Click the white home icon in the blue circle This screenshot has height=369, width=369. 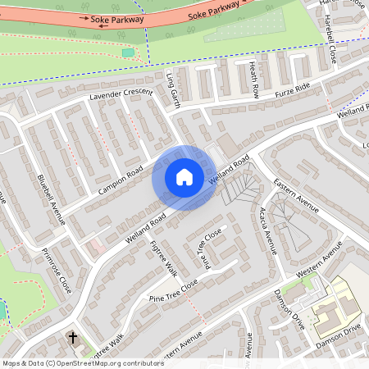click(x=184, y=177)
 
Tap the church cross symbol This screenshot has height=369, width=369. click(x=72, y=337)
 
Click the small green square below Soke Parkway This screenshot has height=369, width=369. click(x=128, y=52)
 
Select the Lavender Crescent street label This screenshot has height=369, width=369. click(x=122, y=95)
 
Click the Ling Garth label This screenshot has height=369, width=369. click(x=172, y=87)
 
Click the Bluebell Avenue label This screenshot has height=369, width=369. click(x=51, y=200)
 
